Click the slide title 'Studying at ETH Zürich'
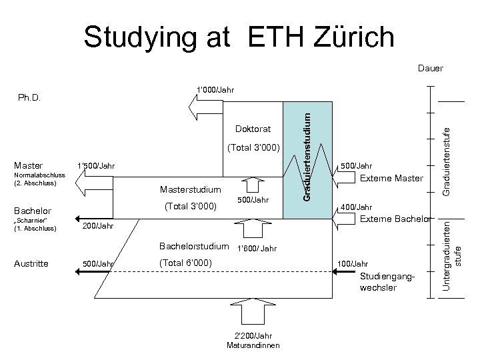click(x=239, y=37)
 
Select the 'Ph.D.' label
click(x=29, y=97)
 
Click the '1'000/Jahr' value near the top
click(x=215, y=89)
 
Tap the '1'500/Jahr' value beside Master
click(x=96, y=166)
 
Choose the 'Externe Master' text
click(x=391, y=178)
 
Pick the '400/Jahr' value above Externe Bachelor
click(x=357, y=207)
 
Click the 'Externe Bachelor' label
click(x=396, y=219)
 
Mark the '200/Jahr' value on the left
click(x=97, y=227)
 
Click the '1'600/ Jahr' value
click(x=257, y=249)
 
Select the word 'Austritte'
click(x=30, y=263)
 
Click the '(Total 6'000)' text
click(x=186, y=263)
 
